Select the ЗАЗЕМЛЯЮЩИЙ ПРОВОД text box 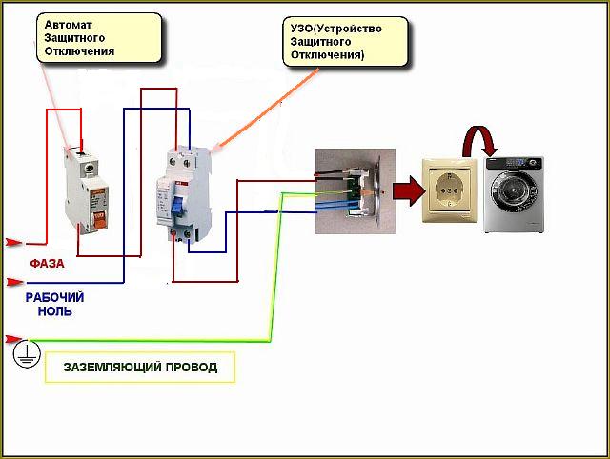[x=139, y=367]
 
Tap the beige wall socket [x=449, y=190]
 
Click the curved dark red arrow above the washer [x=481, y=139]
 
